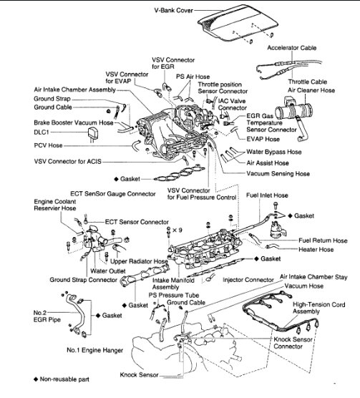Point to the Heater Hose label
(x=316, y=250)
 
